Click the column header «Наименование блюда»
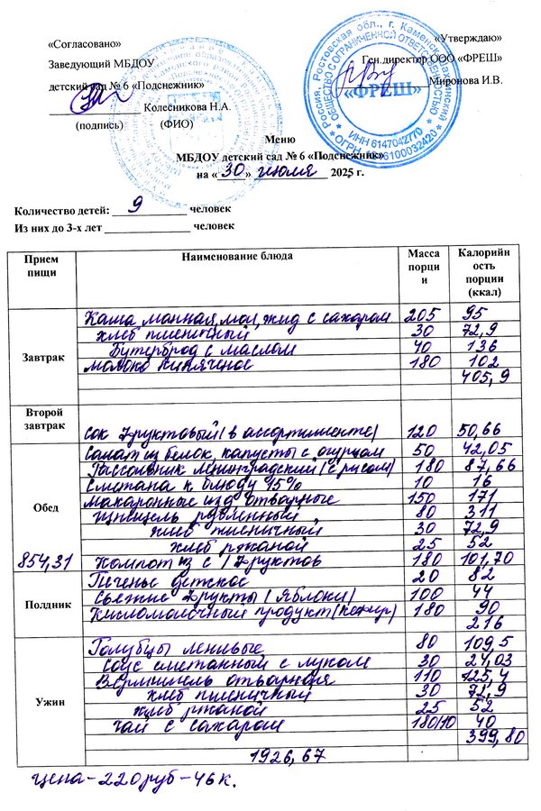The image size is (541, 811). point(237,257)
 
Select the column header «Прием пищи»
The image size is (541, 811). point(41,264)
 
